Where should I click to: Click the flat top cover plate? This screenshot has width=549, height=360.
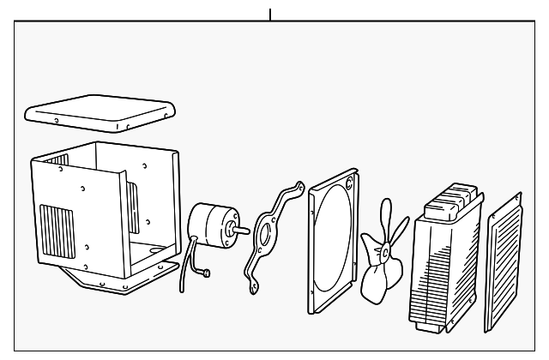point(100,111)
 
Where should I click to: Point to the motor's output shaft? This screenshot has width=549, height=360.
point(242,229)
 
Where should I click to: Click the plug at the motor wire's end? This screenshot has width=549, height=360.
point(207,274)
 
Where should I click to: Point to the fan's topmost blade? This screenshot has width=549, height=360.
point(385,215)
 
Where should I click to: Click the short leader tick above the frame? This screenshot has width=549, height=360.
point(270,14)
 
